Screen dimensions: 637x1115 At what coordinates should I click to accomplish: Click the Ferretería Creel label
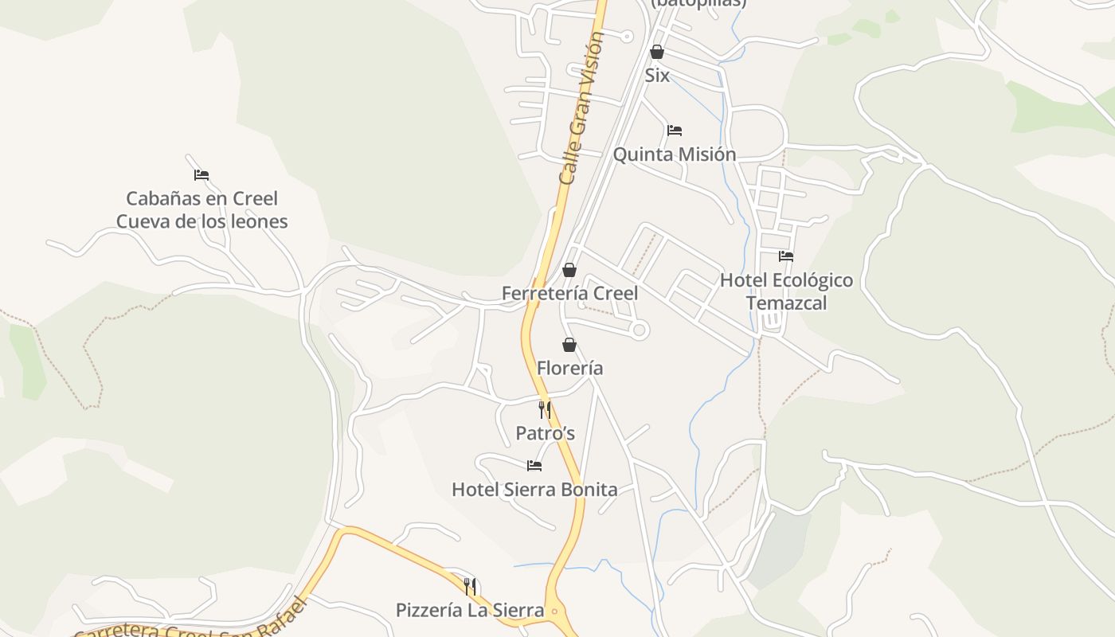[569, 294]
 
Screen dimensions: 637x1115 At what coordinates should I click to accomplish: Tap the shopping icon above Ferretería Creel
[569, 271]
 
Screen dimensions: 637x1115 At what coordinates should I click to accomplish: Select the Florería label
[569, 369]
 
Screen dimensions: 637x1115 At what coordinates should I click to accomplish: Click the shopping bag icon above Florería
[569, 345]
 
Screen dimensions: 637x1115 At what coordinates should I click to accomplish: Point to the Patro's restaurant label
[545, 433]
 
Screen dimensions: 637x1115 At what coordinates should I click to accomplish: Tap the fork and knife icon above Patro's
[545, 410]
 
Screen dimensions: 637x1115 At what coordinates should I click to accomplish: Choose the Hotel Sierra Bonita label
[534, 489]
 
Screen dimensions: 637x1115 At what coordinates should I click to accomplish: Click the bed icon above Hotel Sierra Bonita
[534, 466]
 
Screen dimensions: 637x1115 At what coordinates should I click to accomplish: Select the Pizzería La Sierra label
[470, 611]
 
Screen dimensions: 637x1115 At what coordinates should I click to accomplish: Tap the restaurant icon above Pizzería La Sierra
[470, 587]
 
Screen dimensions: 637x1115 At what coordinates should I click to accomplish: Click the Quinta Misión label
[674, 154]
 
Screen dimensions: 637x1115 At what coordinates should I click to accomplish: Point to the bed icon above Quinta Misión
[675, 131]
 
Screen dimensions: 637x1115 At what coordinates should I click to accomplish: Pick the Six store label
[657, 76]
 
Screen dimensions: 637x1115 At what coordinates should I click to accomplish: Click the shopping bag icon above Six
[657, 53]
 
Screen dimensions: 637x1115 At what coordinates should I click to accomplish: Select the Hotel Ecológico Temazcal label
[786, 291]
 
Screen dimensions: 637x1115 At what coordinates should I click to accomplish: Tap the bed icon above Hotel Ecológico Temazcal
[786, 256]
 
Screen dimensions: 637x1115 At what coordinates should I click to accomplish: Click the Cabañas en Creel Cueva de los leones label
[201, 209]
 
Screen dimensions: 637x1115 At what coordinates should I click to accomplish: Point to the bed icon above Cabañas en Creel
[201, 175]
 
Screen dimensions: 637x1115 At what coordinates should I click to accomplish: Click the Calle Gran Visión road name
[581, 107]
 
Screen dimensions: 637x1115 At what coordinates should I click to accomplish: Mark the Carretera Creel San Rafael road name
[191, 621]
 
